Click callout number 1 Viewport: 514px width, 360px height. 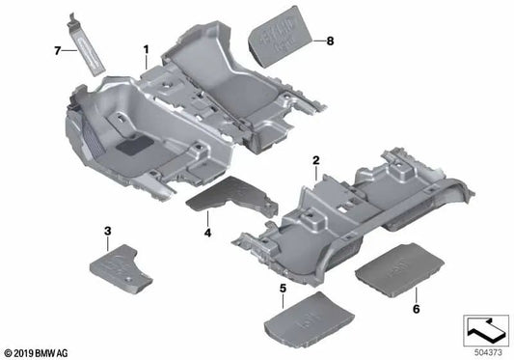coord(146,47)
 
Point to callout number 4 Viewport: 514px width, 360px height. coord(206,232)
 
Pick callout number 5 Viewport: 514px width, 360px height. coord(283,290)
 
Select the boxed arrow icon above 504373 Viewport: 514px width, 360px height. coord(486,328)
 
